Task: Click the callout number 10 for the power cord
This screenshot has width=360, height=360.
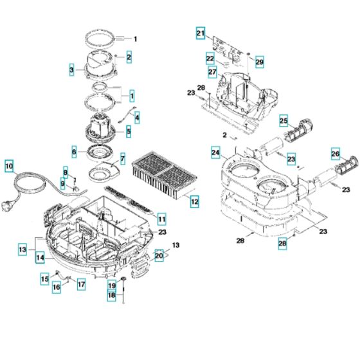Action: coord(9,166)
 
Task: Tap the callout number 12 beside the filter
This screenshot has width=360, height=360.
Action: coord(194,202)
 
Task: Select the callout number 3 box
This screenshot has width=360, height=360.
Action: coord(72,68)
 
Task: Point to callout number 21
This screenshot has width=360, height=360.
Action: coord(201,33)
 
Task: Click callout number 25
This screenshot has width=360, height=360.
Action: coord(283,121)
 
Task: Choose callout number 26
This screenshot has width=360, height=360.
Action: coord(335,154)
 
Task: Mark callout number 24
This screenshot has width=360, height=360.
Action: coord(216,153)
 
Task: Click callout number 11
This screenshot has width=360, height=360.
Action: coord(162,218)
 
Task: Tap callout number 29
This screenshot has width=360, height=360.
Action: coord(259,62)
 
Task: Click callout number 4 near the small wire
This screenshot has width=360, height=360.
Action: coord(137,118)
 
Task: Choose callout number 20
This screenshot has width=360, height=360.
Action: coord(158,255)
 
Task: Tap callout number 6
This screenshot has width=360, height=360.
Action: coord(75,152)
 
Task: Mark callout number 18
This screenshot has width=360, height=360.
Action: coord(111,296)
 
